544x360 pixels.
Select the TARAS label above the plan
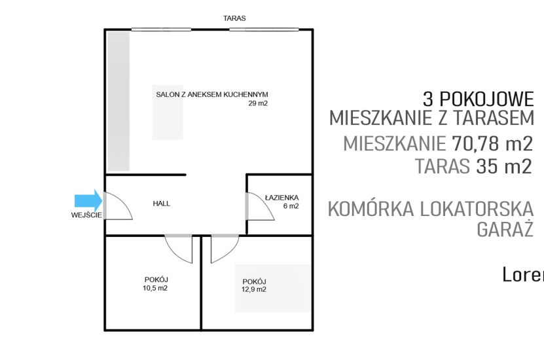[x=235, y=19]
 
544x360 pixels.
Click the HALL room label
[x=161, y=204]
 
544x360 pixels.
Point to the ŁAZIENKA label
[x=282, y=198]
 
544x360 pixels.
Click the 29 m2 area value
[x=258, y=103]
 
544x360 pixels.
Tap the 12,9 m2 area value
[x=253, y=289]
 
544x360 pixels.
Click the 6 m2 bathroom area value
[x=291, y=206]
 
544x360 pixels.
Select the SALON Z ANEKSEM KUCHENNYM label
[x=212, y=94]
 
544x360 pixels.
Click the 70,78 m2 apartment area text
[x=492, y=143]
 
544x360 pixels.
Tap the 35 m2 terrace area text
[x=504, y=166]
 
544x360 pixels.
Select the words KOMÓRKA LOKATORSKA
[x=430, y=209]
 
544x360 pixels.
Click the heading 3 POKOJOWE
[x=478, y=99]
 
